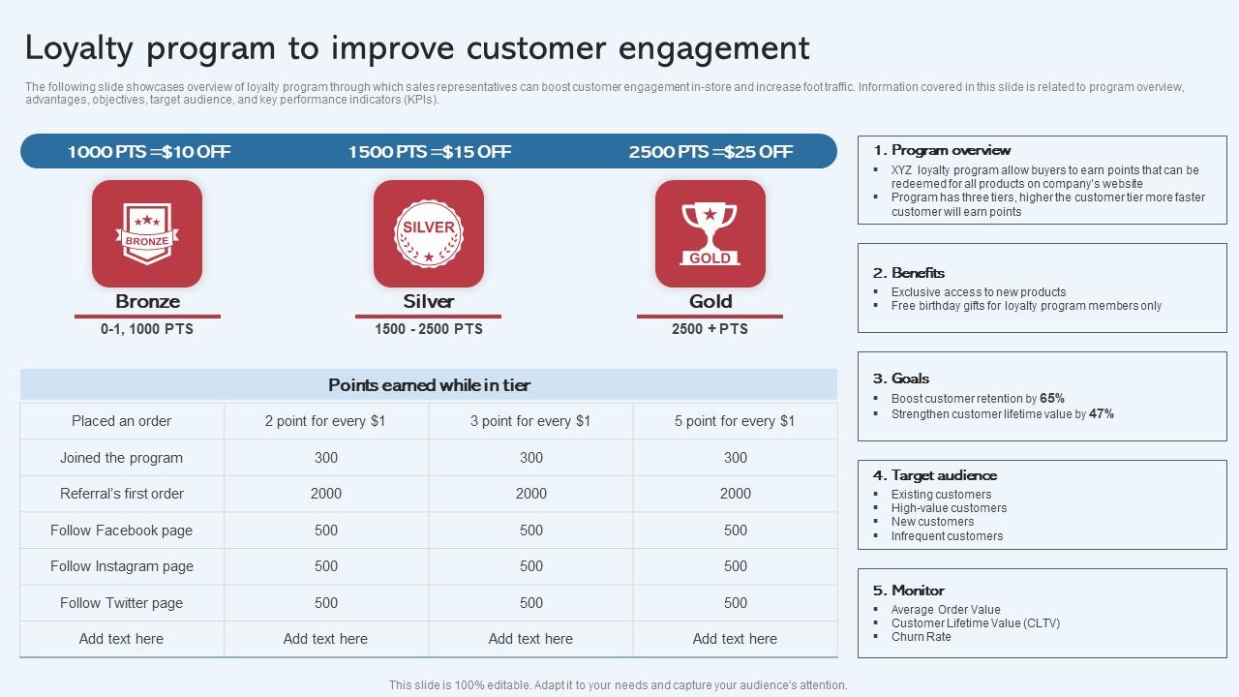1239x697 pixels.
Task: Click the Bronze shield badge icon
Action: tap(147, 233)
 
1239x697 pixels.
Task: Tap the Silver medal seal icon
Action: tap(429, 233)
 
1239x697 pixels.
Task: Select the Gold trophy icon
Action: tap(710, 233)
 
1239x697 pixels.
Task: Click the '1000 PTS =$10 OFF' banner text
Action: tap(149, 152)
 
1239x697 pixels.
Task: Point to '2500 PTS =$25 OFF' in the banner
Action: tap(710, 152)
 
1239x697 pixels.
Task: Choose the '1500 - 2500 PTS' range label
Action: tap(429, 329)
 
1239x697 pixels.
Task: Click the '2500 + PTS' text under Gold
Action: tap(710, 329)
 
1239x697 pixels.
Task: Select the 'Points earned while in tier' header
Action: tap(429, 385)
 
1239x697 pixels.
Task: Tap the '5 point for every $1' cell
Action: tap(735, 421)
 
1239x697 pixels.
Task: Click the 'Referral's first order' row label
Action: tap(122, 494)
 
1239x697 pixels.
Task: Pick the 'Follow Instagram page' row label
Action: tap(122, 566)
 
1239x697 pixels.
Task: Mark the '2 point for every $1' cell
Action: tap(325, 421)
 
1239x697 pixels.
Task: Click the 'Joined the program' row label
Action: tap(121, 458)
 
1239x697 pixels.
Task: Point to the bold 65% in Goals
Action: tap(1052, 399)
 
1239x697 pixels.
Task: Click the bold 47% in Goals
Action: tap(1102, 414)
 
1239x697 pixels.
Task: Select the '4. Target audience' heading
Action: tap(934, 475)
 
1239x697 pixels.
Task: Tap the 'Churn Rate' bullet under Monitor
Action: tap(921, 637)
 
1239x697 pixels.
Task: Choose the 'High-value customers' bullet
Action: tap(949, 508)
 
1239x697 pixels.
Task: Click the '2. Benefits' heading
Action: tap(908, 273)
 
